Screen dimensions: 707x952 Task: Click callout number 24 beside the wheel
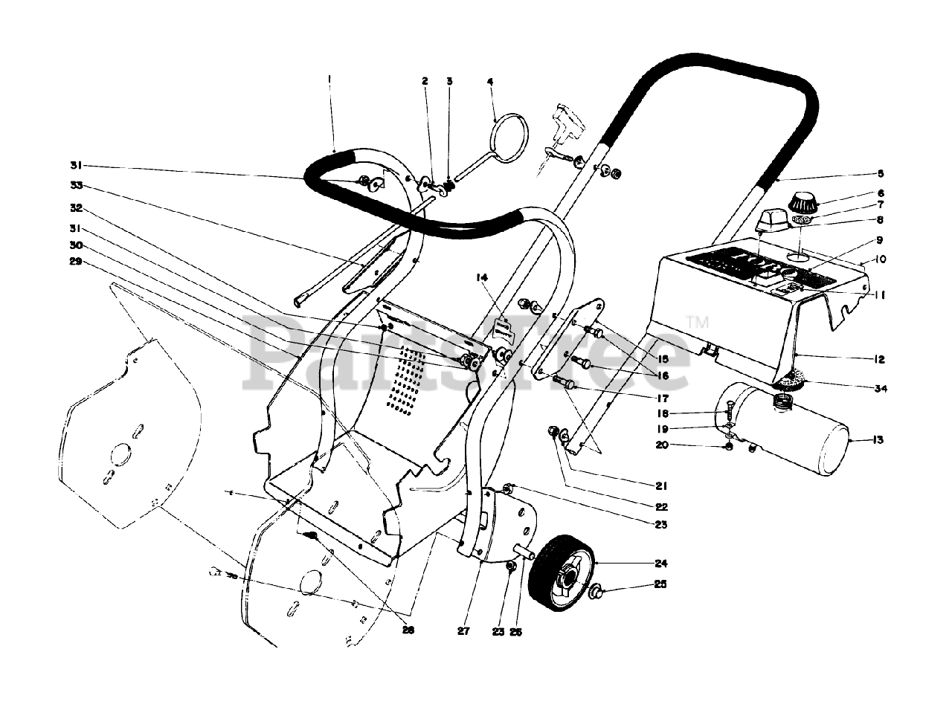(660, 564)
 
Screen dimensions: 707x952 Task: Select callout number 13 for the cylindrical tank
(878, 441)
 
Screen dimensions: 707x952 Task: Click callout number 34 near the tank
(880, 389)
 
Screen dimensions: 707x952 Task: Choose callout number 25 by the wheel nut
(660, 584)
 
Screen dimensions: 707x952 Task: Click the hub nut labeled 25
(595, 592)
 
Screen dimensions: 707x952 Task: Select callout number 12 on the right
(880, 360)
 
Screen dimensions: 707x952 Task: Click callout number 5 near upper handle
(880, 173)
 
